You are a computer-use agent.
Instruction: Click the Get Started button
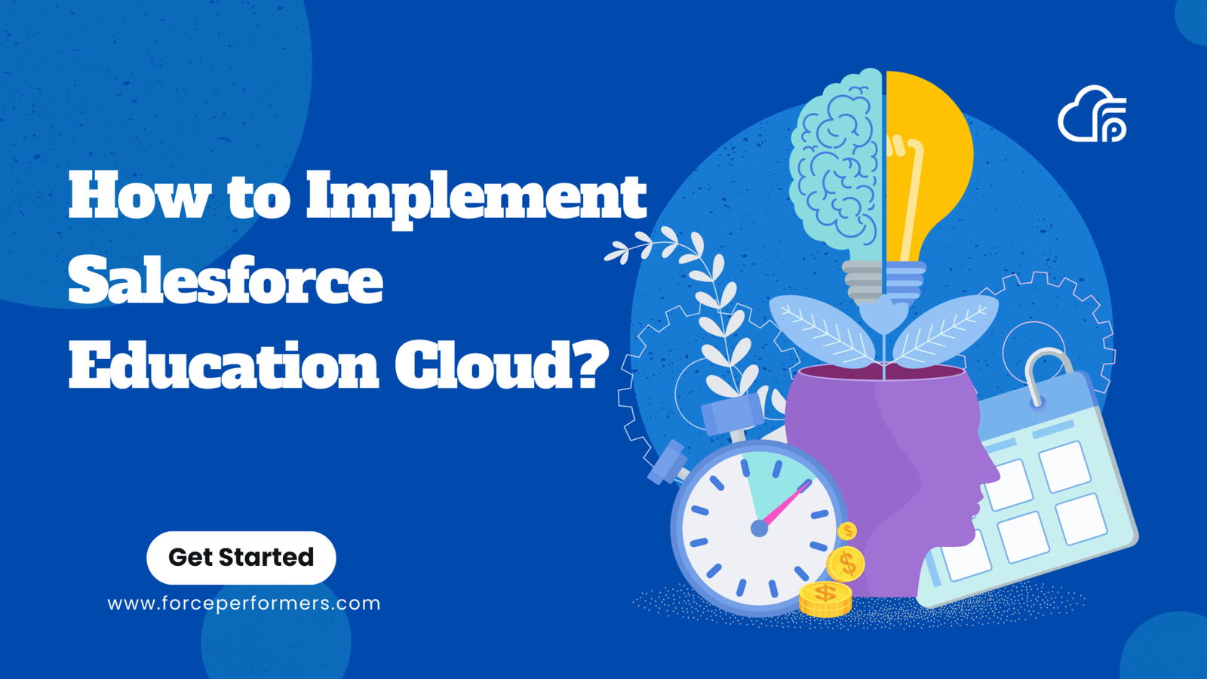click(241, 558)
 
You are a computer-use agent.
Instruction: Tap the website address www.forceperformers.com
click(244, 604)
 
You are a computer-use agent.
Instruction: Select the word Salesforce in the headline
click(226, 281)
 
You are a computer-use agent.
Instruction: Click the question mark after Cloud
click(588, 364)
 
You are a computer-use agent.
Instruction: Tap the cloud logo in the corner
click(1092, 115)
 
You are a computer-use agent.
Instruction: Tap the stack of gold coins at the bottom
click(825, 599)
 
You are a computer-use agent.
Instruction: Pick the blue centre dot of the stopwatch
click(760, 529)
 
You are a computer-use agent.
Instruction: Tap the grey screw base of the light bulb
click(864, 281)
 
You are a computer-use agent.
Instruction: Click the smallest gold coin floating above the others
click(847, 531)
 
